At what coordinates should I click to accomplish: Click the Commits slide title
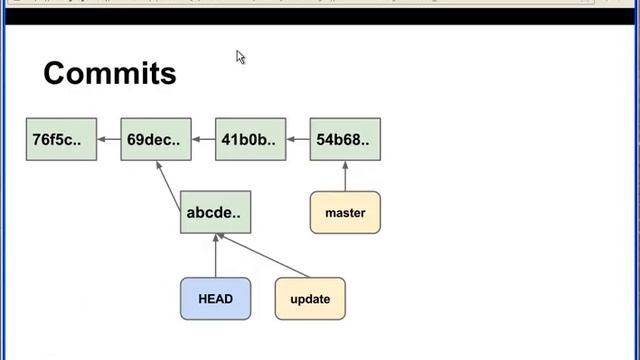pyautogui.click(x=110, y=73)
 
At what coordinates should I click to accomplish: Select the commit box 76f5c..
pyautogui.click(x=61, y=139)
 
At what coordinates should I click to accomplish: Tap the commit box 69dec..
pyautogui.click(x=155, y=139)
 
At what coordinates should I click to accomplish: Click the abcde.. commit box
pyautogui.click(x=215, y=212)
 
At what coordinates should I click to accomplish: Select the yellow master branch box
pyautogui.click(x=345, y=212)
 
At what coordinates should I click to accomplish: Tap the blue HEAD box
pyautogui.click(x=215, y=298)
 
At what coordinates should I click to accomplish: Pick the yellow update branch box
pyautogui.click(x=310, y=298)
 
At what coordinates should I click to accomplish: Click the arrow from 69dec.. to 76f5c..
pyautogui.click(x=108, y=139)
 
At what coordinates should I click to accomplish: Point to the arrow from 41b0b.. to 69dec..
pyautogui.click(x=203, y=139)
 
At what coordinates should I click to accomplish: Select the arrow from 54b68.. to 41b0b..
pyautogui.click(x=298, y=139)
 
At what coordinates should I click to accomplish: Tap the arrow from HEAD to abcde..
pyautogui.click(x=215, y=255)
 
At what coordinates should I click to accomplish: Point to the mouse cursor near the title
pyautogui.click(x=240, y=57)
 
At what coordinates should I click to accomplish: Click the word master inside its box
pyautogui.click(x=345, y=212)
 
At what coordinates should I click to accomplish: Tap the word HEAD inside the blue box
pyautogui.click(x=215, y=298)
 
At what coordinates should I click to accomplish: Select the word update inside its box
pyautogui.click(x=310, y=298)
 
